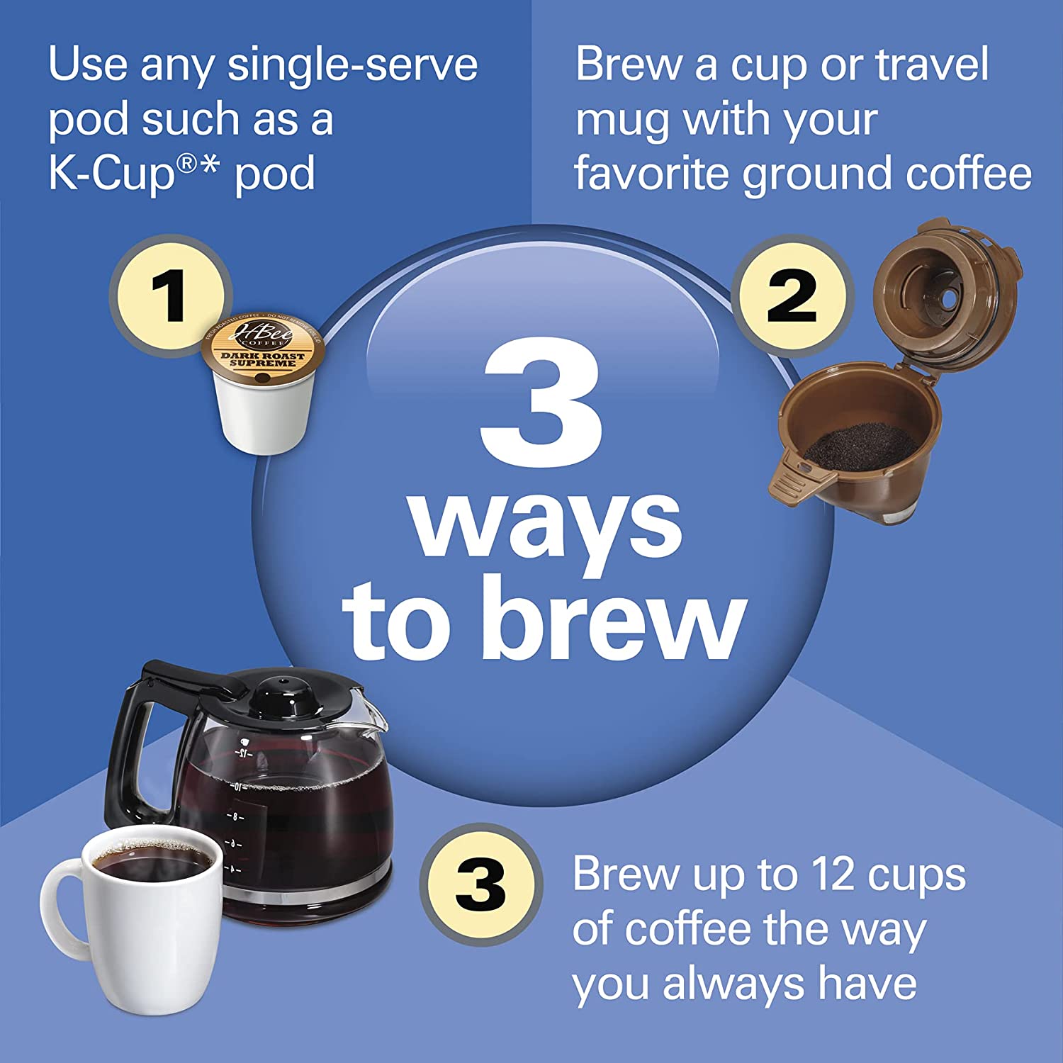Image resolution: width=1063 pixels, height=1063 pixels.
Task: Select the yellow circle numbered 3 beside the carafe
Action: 480,884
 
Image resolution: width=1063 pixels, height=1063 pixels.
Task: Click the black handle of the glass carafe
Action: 131,744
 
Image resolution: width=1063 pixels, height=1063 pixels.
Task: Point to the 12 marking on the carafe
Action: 244,753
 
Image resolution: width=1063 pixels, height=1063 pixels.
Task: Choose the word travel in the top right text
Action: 931,65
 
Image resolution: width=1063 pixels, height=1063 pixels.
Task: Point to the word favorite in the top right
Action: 652,174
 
